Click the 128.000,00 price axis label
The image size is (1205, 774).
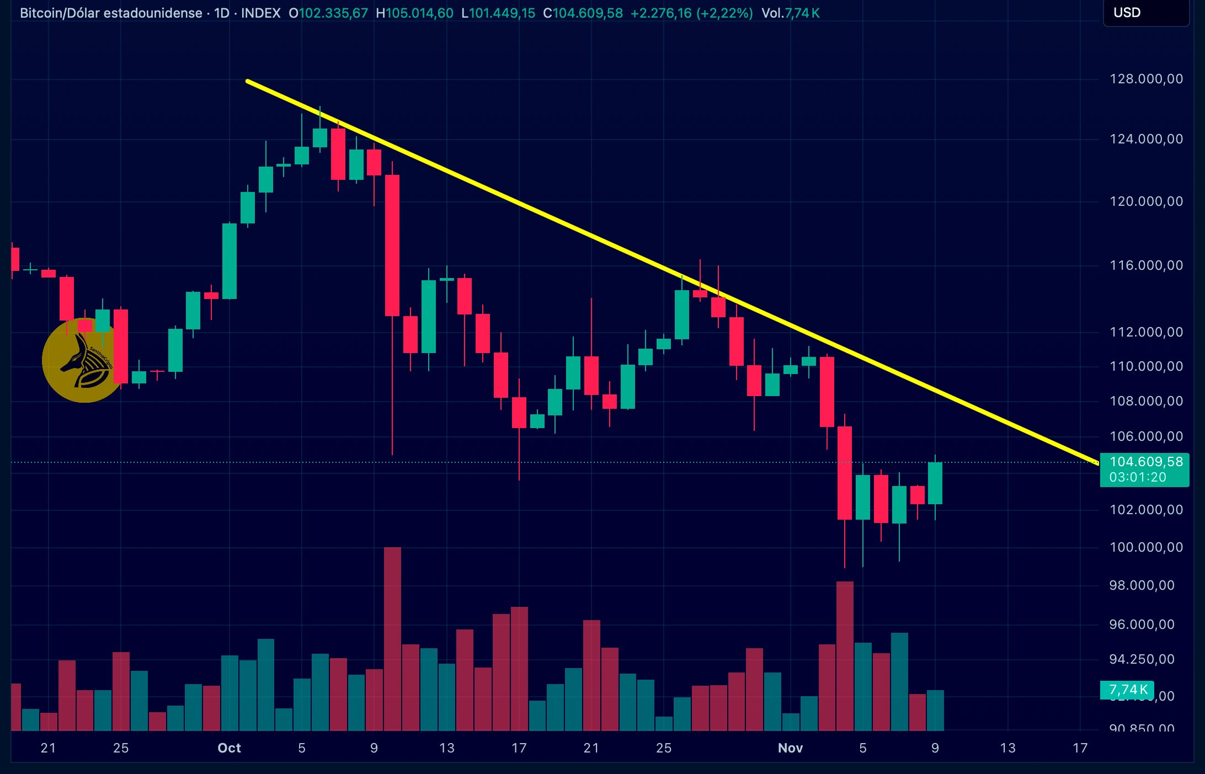tap(1146, 79)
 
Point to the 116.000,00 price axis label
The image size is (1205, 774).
tap(1146, 265)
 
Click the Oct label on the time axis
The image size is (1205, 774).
tap(229, 748)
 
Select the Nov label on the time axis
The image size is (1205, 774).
tap(790, 748)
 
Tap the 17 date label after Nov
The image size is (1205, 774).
tap(1080, 748)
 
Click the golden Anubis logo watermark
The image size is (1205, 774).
tap(83, 361)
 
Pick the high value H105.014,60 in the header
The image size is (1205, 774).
tap(414, 13)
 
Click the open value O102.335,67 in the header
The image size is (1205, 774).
tap(328, 13)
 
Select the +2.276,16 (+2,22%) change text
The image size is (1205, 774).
tap(691, 13)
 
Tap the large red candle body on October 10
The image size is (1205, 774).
tap(392, 245)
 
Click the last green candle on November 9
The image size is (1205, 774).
tap(935, 483)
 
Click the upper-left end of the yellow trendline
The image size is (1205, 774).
tap(248, 82)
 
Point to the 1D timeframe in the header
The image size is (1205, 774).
tap(221, 13)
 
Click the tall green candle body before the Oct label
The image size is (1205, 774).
tap(230, 261)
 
